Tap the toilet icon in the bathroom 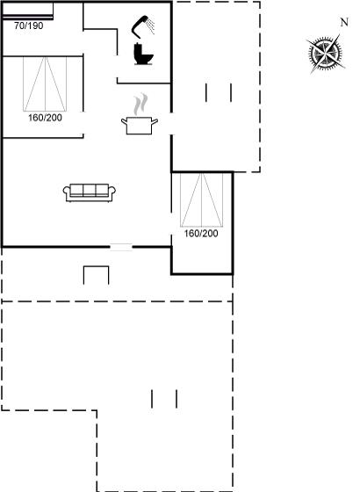click(143, 54)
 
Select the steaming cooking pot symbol click(140, 114)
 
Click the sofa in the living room click(90, 192)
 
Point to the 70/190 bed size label click(28, 25)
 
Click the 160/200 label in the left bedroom click(45, 118)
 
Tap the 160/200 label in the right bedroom click(201, 234)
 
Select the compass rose click(326, 54)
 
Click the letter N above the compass click(344, 22)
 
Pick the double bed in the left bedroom click(45, 84)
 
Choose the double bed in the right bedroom click(201, 199)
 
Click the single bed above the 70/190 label click(27, 11)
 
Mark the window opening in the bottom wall click(121, 247)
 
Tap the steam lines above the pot click(140, 104)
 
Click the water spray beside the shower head click(151, 26)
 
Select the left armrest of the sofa click(67, 192)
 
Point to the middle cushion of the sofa click(90, 190)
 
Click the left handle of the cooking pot click(124, 122)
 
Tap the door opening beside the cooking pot click(171, 124)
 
